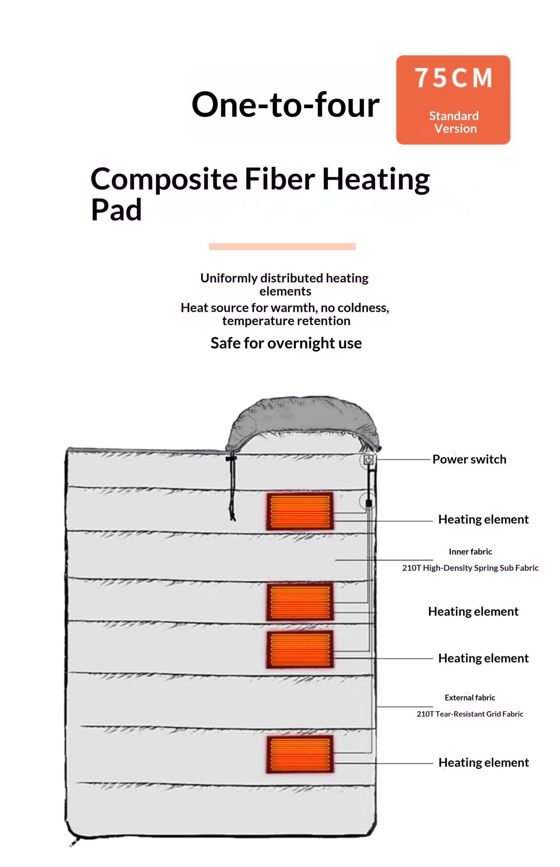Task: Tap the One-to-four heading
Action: pos(286,105)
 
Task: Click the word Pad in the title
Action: pos(116,210)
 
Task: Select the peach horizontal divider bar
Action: pos(282,246)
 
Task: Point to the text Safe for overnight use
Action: pos(286,343)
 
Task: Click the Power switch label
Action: pos(469,459)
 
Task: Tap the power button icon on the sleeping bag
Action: pos(368,460)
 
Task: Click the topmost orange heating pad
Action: pos(300,511)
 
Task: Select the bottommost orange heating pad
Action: pos(300,754)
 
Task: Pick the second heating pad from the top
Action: pos(300,602)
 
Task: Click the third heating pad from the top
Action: pos(300,650)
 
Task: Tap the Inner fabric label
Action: pos(470,551)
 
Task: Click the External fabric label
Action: pos(470,698)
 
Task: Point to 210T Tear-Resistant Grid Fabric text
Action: pos(470,714)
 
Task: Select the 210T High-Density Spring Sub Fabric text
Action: pos(470,568)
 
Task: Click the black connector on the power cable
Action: pos(369,503)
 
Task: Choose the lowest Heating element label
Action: pos(484,762)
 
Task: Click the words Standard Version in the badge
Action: pos(454,122)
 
